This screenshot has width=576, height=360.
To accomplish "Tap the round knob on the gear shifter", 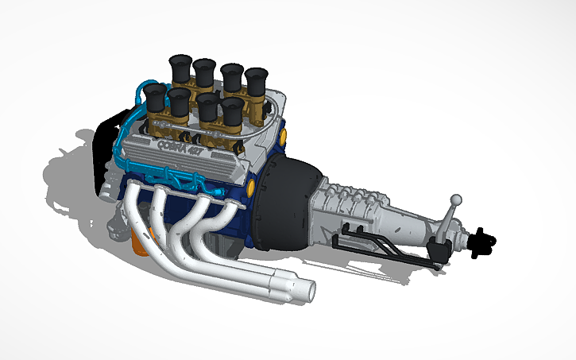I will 456,199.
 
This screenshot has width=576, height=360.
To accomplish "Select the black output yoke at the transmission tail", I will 481,242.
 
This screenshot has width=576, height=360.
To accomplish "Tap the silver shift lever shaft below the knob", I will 450,219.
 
